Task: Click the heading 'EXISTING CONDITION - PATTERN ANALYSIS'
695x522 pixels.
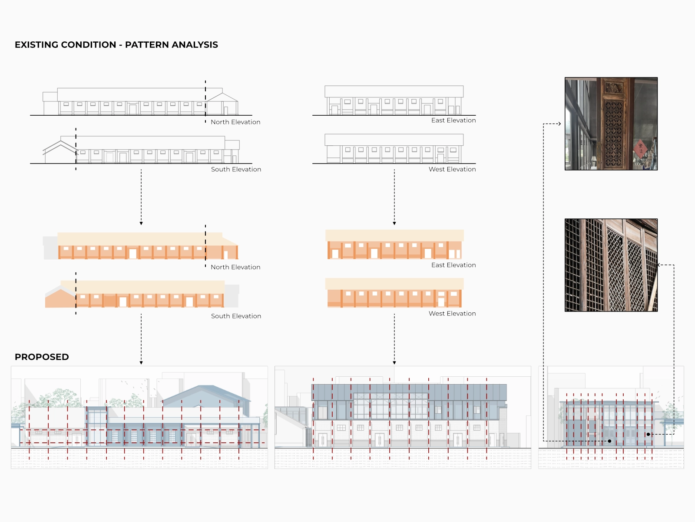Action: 116,45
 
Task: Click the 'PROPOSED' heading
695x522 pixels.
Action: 42,357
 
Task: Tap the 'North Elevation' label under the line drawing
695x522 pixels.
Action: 235,122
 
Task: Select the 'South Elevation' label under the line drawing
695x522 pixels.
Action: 236,169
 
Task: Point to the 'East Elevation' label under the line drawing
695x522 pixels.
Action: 453,120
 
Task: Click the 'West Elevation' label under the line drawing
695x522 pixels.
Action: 452,169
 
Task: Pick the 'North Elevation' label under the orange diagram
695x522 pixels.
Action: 235,267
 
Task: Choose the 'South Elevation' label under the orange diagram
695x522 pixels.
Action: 236,316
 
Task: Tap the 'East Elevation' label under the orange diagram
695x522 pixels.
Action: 453,265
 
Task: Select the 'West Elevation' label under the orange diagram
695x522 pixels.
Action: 452,314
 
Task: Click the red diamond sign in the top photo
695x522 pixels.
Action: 640,148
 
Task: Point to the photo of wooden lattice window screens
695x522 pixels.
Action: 611,265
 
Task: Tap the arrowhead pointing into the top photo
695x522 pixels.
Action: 559,124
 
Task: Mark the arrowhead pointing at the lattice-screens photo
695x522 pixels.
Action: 659,265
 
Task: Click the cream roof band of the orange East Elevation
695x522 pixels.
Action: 394,235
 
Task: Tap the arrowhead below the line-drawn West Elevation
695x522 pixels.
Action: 394,223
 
